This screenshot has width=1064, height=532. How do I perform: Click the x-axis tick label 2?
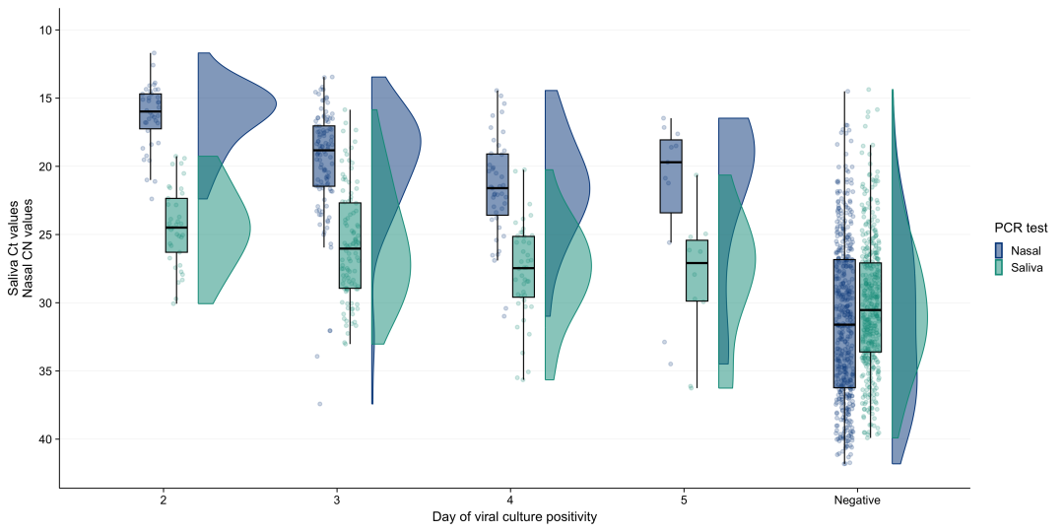(164, 500)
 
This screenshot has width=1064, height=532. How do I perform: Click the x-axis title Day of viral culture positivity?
(514, 518)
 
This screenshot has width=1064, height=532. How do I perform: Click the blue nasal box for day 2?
(150, 111)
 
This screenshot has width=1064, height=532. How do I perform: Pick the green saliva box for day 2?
(176, 226)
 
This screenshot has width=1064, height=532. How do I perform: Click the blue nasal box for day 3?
(324, 156)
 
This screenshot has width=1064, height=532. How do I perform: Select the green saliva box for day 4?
(523, 267)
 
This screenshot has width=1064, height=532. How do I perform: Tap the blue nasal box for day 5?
(671, 176)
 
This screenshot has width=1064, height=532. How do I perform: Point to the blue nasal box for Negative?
(844, 324)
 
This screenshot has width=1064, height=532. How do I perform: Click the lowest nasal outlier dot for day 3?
(319, 404)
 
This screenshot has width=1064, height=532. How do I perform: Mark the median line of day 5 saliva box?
(697, 263)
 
